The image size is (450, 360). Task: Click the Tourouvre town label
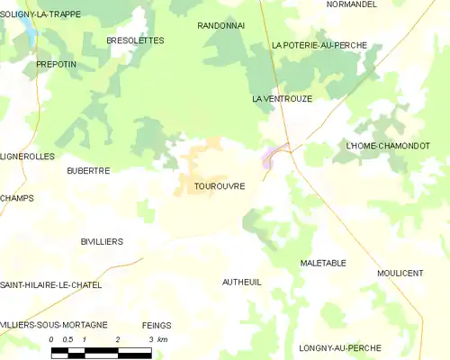click(x=220, y=186)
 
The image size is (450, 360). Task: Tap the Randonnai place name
click(x=220, y=26)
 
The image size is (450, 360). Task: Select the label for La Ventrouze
click(x=282, y=99)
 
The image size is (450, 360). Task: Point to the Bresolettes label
click(x=135, y=40)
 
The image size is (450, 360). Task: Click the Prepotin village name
click(x=56, y=65)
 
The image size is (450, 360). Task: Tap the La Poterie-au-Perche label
click(x=319, y=45)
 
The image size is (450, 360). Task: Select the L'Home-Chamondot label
click(x=388, y=146)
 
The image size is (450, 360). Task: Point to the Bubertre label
click(x=88, y=170)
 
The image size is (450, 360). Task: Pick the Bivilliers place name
click(x=102, y=242)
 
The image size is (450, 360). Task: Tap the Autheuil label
click(x=241, y=282)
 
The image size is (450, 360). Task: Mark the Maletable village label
click(x=322, y=264)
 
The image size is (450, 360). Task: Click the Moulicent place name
click(x=400, y=273)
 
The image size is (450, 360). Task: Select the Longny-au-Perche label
click(x=338, y=347)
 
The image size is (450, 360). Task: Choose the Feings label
click(x=157, y=325)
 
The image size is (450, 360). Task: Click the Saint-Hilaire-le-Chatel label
click(x=50, y=284)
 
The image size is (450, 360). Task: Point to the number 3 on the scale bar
click(x=149, y=339)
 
